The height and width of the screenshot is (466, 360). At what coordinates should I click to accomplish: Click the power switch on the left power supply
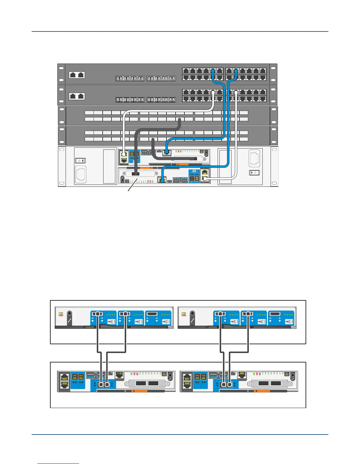click(81, 161)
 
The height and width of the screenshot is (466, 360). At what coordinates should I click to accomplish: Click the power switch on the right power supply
click(254, 172)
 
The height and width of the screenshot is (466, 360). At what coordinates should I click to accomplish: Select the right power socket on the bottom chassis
click(254, 158)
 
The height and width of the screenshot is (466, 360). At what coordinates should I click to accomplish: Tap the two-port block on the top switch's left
click(77, 75)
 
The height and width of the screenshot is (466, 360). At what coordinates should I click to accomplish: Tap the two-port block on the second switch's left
click(77, 96)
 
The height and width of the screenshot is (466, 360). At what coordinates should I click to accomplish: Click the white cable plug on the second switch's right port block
click(236, 92)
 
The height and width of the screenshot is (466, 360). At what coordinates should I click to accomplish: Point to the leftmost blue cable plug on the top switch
click(213, 71)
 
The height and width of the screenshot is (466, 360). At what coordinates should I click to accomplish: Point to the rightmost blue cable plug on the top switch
click(236, 71)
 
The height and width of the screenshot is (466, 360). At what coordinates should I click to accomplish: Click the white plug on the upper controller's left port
click(124, 154)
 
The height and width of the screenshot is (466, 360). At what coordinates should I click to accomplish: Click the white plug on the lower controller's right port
click(205, 178)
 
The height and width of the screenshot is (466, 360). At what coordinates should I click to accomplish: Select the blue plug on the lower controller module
click(161, 180)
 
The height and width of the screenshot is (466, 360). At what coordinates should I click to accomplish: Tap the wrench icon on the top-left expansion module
click(69, 319)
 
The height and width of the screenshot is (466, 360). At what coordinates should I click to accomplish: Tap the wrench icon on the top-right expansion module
click(192, 319)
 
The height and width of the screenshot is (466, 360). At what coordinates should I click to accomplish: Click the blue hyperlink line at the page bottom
click(58, 464)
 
